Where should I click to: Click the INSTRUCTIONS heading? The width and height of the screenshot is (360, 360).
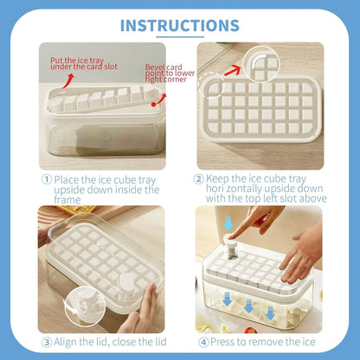tap(180, 25)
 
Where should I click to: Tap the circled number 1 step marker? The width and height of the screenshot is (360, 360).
tap(47, 179)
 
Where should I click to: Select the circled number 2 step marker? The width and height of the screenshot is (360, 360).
tap(198, 179)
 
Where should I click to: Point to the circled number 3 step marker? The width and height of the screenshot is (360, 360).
tap(47, 343)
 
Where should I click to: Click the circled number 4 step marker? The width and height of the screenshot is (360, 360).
tap(203, 343)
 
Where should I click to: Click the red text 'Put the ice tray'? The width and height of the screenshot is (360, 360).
tap(77, 61)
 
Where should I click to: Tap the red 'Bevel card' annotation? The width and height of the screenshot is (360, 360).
tap(164, 67)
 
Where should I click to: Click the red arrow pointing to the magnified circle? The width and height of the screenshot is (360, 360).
tap(233, 70)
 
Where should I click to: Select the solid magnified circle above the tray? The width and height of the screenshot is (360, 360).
tap(261, 64)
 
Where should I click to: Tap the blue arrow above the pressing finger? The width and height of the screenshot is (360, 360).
tap(228, 222)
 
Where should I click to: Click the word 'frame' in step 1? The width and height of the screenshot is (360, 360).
tap(67, 200)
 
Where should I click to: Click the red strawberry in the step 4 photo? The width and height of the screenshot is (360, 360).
tap(250, 331)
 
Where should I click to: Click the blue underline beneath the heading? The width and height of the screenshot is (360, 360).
tap(180, 37)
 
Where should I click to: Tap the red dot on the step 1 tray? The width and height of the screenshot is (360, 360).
tap(153, 105)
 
